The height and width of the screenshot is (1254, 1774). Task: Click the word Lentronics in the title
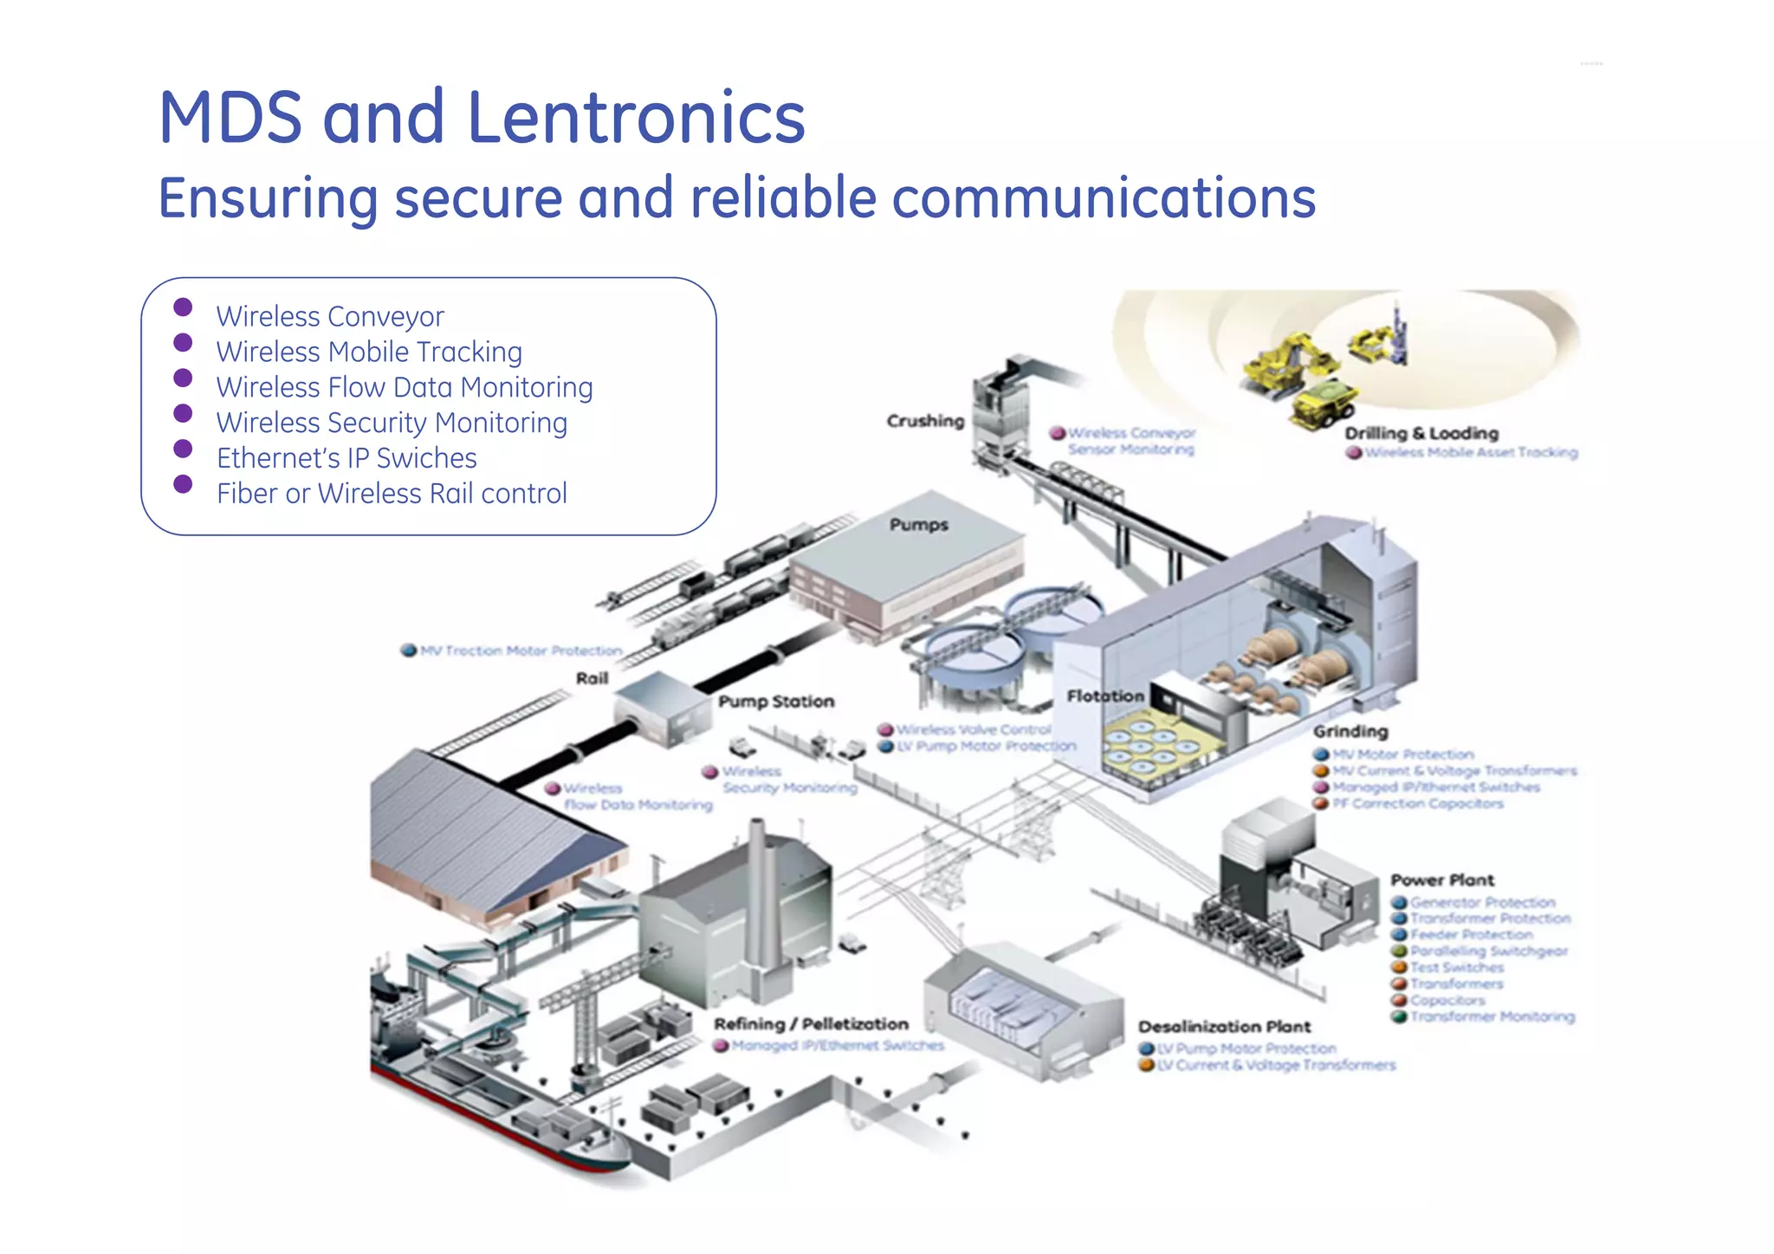[637, 118]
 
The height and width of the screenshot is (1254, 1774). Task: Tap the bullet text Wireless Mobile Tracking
[369, 352]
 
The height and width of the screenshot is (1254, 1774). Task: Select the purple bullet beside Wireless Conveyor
[183, 307]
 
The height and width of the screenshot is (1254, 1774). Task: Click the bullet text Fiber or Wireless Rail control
[392, 494]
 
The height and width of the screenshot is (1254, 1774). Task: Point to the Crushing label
[925, 421]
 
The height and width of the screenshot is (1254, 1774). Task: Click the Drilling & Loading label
[1421, 433]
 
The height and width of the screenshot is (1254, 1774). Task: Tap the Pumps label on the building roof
[918, 525]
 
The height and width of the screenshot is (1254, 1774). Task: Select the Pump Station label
[776, 701]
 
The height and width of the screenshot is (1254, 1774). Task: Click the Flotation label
[1105, 696]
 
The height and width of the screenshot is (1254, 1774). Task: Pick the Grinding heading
[1350, 732]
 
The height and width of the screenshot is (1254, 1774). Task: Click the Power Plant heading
[1442, 880]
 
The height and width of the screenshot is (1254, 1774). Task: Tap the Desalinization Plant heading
[1224, 1027]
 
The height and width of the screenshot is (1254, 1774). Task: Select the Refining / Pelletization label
[811, 1025]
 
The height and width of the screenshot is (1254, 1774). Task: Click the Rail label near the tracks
[592, 678]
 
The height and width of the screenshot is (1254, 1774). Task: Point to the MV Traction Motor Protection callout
[521, 650]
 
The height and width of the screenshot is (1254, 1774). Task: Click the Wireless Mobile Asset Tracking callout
[1471, 452]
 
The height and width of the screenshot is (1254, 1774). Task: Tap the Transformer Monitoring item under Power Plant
[1492, 1017]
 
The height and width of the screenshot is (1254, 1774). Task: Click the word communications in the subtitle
[1104, 198]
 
